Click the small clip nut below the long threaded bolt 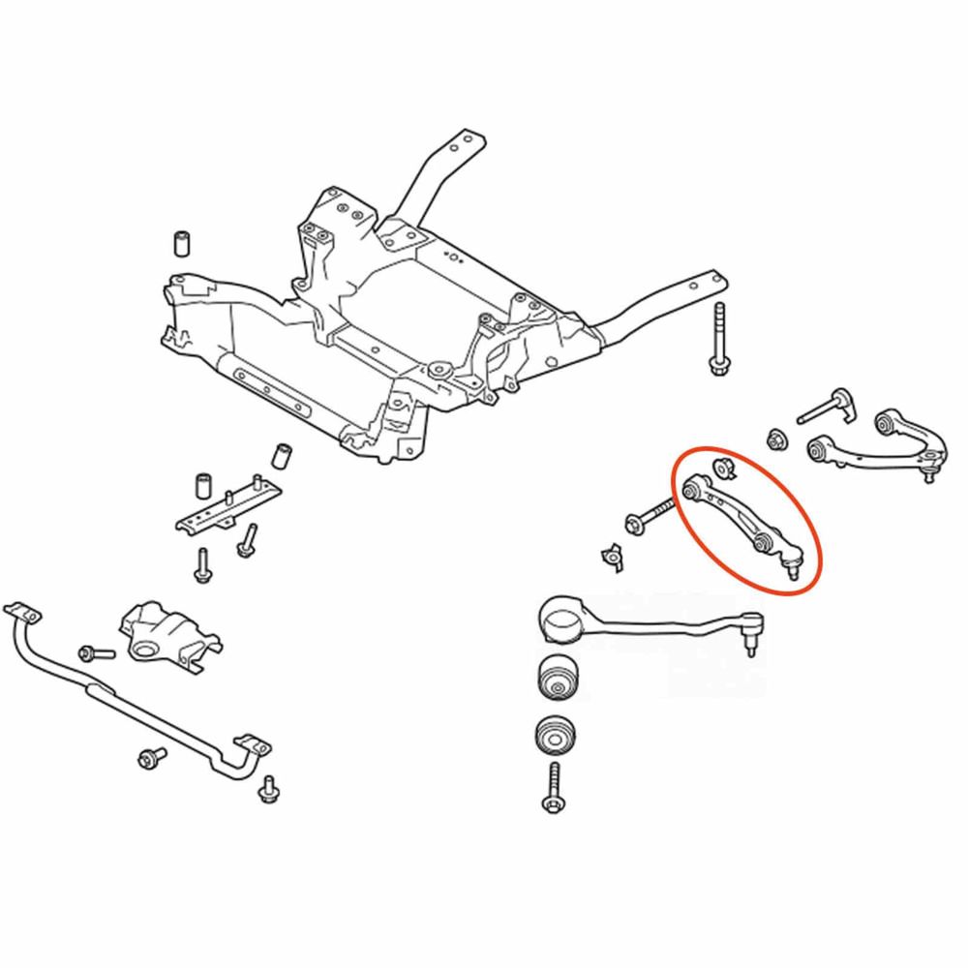(610, 554)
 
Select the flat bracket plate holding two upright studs (225, 508)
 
